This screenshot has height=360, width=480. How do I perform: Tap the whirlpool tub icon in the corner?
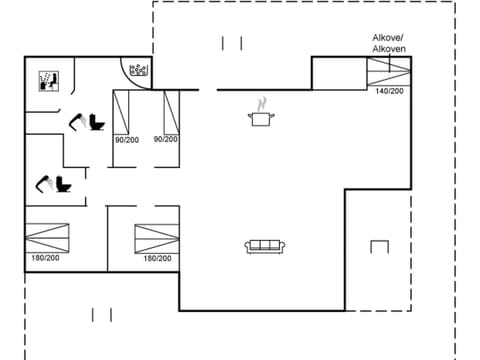point(138,69)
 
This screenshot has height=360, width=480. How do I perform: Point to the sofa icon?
point(266,245)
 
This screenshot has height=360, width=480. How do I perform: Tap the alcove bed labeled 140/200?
point(389,71)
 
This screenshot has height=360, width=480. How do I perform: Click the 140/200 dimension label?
point(389,91)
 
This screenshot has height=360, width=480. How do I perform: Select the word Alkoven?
point(388,48)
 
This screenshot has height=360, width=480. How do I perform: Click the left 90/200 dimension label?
point(126,139)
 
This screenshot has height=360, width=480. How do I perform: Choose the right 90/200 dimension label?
point(166,139)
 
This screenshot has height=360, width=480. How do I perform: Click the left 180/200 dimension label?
point(44,258)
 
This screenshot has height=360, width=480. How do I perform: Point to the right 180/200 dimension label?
point(157,258)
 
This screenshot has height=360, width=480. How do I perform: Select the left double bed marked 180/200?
point(50,238)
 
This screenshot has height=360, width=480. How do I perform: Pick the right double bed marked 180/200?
point(157,238)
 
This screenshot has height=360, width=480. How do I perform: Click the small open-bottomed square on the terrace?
point(378,245)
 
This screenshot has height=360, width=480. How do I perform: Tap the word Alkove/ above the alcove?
point(388,37)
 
